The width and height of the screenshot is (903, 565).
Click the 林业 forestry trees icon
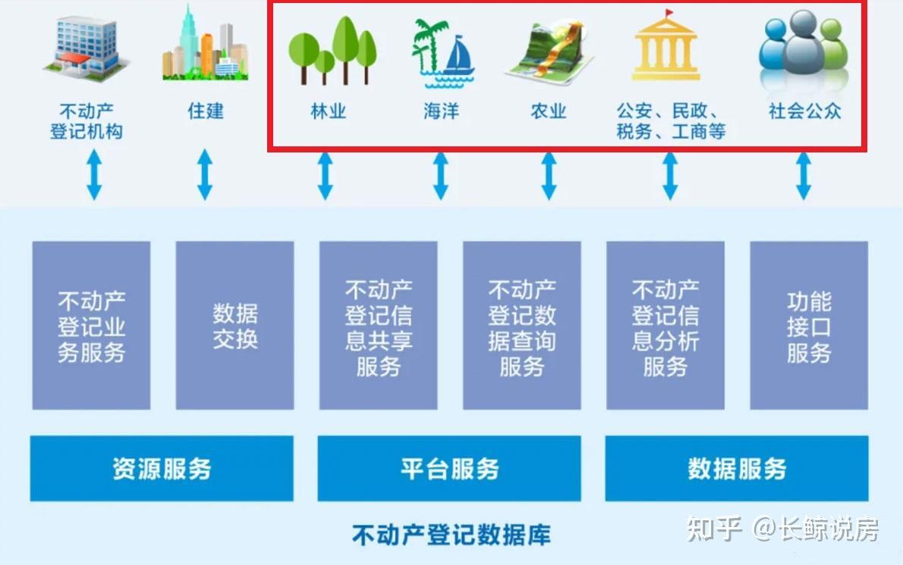[x=332, y=51]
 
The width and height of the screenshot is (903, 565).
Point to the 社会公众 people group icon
[x=804, y=47]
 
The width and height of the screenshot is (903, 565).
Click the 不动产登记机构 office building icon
[x=85, y=48]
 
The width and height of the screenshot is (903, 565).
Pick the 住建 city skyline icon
[x=204, y=46]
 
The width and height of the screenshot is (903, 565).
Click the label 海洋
[x=441, y=111]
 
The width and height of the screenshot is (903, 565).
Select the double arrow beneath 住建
[x=204, y=174]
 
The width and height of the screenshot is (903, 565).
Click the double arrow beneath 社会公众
[x=804, y=176]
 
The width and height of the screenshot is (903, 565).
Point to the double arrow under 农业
[x=549, y=176]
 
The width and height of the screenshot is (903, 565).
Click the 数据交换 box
[x=234, y=325]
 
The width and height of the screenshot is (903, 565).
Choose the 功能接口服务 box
[x=809, y=325]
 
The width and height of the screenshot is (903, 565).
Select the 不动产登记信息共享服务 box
[x=378, y=325]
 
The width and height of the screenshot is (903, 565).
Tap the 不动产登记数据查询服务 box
[x=521, y=325]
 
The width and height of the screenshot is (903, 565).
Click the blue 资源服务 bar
[x=162, y=468]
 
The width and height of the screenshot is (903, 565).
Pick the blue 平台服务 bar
[x=449, y=468]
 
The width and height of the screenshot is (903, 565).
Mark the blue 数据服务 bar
[x=737, y=468]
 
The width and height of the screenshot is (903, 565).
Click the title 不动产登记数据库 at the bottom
[x=451, y=535]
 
